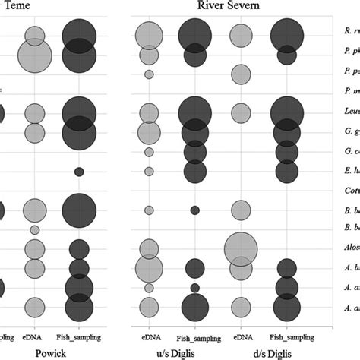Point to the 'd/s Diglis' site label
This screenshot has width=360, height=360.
264,354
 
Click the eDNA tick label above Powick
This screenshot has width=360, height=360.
34,335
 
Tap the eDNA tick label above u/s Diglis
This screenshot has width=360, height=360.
149,335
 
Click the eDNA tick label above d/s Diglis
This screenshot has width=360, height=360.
241,335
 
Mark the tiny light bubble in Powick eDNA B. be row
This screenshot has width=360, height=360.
34,229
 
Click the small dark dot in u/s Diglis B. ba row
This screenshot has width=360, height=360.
194,210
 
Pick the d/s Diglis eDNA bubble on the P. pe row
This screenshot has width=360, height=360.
241,74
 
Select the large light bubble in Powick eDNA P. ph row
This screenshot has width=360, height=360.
34,55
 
